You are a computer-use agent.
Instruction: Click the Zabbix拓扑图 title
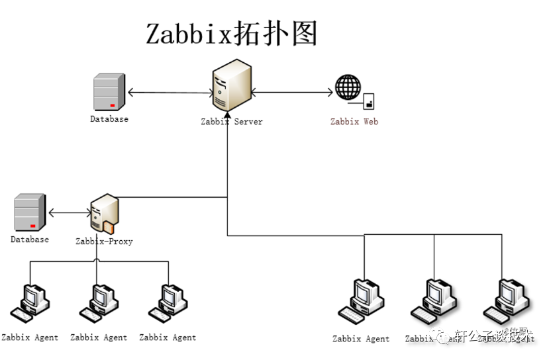(x=232, y=34)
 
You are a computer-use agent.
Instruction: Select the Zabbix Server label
(x=232, y=122)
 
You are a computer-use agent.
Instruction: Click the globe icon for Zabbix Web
(x=348, y=87)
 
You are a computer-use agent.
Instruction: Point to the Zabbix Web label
(x=354, y=122)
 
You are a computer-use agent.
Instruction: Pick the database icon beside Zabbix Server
(x=109, y=93)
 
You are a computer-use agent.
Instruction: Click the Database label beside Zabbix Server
(x=109, y=119)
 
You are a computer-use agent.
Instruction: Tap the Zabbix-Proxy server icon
(x=104, y=213)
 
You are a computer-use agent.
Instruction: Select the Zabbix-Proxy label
(x=104, y=242)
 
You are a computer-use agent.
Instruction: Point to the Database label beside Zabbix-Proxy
(x=30, y=240)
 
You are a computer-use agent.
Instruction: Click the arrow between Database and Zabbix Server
(x=169, y=93)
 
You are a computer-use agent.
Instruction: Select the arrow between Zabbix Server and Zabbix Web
(x=291, y=93)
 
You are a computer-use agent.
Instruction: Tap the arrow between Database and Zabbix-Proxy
(x=70, y=212)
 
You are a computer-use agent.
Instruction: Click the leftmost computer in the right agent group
(x=362, y=301)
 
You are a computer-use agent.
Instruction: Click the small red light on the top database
(x=113, y=105)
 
